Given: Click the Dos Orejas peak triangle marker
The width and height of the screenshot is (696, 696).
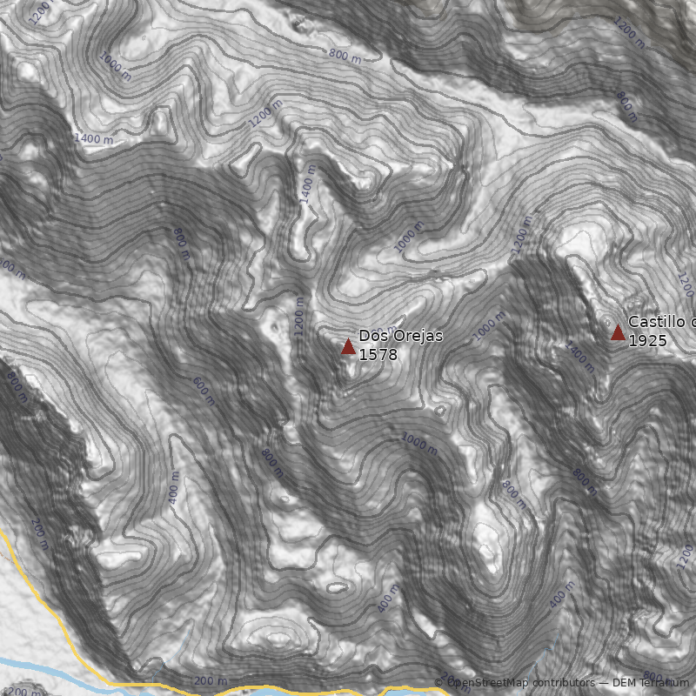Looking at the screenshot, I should pyautogui.click(x=348, y=346).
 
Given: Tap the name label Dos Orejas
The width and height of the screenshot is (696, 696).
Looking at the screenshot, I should pyautogui.click(x=401, y=337).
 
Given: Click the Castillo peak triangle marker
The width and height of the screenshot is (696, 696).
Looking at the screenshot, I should pyautogui.click(x=618, y=332).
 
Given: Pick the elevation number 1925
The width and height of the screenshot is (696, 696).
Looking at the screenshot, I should pyautogui.click(x=647, y=341).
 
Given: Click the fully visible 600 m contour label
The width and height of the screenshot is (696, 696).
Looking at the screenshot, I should pyautogui.click(x=203, y=391).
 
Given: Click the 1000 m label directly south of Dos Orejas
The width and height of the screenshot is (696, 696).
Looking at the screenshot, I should pyautogui.click(x=419, y=443).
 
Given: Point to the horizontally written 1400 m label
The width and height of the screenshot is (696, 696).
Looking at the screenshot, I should pyautogui.click(x=94, y=138).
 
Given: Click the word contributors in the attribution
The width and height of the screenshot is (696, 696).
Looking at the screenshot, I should pyautogui.click(x=564, y=683).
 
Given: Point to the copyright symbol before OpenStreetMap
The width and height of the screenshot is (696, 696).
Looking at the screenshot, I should pyautogui.click(x=439, y=683).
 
